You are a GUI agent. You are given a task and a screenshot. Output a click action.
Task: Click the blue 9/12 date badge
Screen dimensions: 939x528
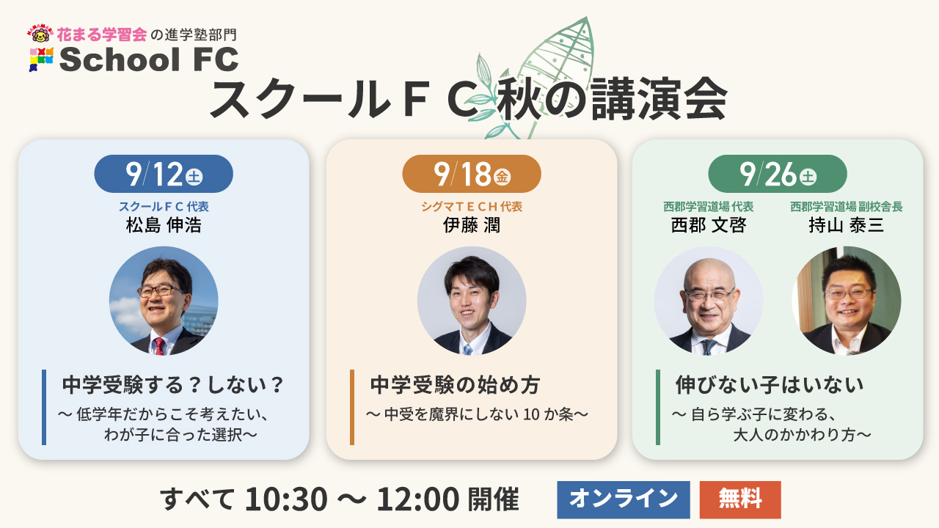164,174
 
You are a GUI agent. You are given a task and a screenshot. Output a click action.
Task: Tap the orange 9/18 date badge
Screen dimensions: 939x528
472,174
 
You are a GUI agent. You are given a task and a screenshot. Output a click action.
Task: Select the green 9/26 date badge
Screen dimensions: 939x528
778,174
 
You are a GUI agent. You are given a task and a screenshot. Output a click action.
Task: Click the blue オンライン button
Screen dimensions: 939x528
624,499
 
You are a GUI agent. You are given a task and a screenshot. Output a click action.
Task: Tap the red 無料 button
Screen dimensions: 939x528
740,499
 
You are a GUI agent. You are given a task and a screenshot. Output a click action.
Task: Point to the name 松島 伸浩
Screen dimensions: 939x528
164,225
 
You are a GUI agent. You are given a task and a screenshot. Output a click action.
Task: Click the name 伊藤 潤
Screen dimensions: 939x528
472,225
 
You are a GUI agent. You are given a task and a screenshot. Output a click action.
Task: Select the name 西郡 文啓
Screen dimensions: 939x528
709,225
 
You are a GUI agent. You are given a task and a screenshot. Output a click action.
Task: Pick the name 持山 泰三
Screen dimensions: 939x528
847,225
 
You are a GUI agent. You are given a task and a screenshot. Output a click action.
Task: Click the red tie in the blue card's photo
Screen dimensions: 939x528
159,346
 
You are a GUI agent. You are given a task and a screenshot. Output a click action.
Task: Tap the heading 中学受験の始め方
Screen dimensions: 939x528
455,385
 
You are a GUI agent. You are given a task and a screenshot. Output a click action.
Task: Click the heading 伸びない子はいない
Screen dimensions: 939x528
770,385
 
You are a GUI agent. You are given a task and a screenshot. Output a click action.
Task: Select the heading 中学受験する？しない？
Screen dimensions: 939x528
172,385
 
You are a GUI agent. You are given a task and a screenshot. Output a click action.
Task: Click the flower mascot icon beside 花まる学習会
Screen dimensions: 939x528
40,34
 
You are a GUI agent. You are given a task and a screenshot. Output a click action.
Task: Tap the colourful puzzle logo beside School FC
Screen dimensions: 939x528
41,59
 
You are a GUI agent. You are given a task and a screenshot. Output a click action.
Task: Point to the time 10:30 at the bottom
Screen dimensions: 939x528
286,499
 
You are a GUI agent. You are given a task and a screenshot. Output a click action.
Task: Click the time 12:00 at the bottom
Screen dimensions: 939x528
418,499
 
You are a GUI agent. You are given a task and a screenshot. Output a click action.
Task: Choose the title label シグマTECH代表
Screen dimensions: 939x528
472,207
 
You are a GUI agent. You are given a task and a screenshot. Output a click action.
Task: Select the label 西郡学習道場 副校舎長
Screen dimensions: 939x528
847,207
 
